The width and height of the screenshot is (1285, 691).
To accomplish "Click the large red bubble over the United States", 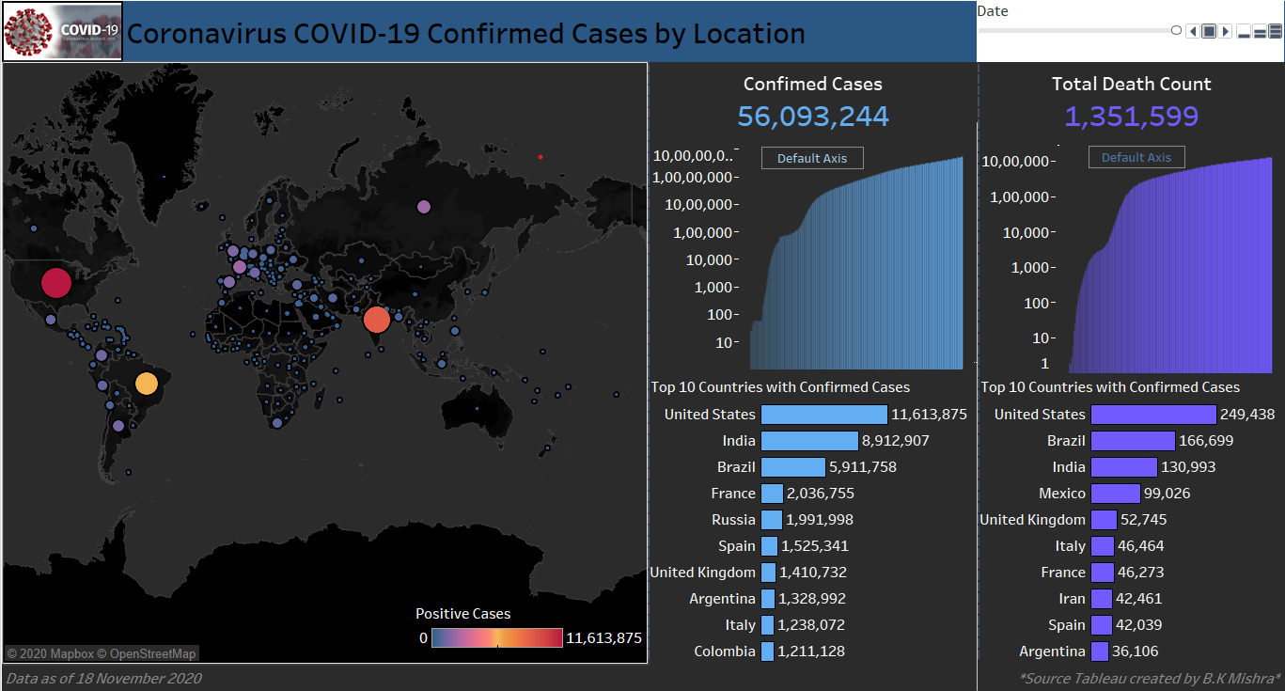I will [55, 283].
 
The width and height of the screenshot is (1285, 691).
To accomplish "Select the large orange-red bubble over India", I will [376, 320].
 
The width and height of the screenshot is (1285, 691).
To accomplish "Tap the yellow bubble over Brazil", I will [146, 384].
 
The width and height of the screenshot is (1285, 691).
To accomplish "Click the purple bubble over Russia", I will [423, 207].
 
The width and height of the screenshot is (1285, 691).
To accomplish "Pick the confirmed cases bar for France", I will [772, 494].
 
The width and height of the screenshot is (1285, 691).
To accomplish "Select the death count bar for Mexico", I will [1115, 494].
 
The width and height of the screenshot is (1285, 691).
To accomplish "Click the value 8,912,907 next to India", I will [896, 441].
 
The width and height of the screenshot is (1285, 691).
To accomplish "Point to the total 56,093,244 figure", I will [812, 117].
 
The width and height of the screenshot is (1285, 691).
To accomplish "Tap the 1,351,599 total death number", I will [1131, 117].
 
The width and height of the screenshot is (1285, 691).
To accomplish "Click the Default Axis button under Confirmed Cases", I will [812, 158].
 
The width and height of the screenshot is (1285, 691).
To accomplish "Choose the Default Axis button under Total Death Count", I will [1136, 158].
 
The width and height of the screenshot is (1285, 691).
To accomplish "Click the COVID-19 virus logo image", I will [62, 31].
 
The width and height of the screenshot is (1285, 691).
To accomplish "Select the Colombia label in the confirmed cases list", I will [725, 652].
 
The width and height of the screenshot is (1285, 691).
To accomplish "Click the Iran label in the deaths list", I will [1072, 599].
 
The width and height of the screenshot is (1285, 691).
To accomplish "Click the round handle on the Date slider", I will [1176, 31].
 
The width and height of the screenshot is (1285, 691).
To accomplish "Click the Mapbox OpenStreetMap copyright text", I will [102, 653].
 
